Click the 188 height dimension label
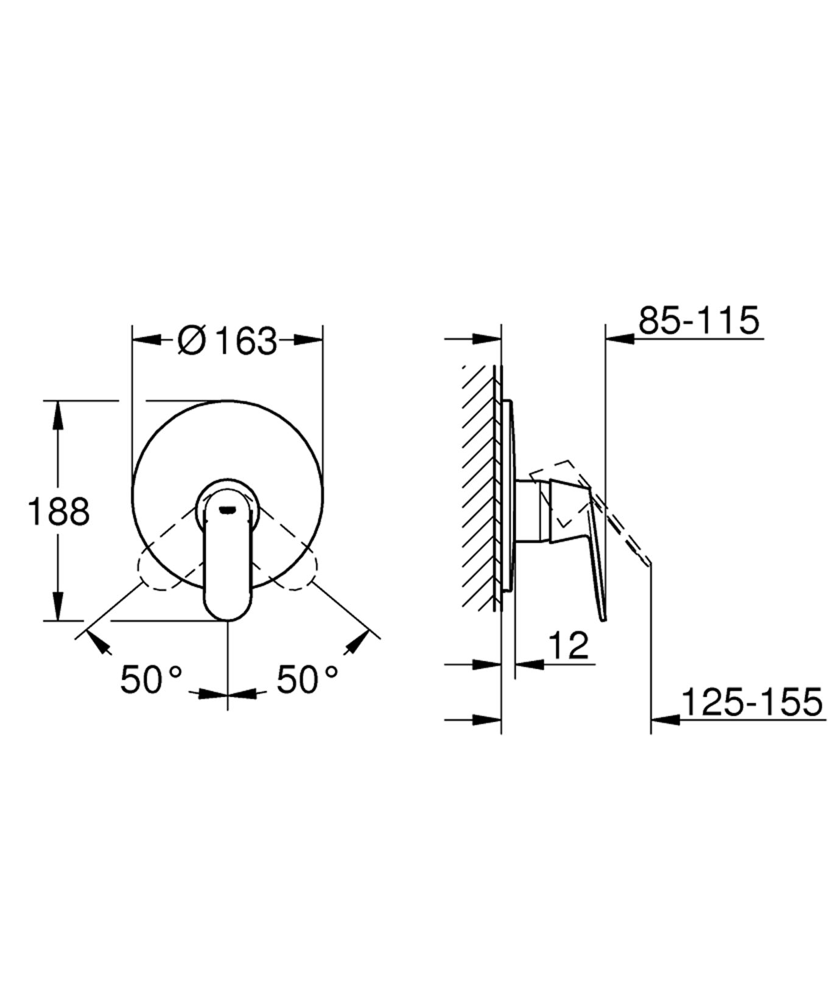(x=58, y=511)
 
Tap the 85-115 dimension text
(x=699, y=320)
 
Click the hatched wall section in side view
(x=479, y=487)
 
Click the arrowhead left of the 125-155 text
(x=665, y=719)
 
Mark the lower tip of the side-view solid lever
(x=604, y=619)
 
